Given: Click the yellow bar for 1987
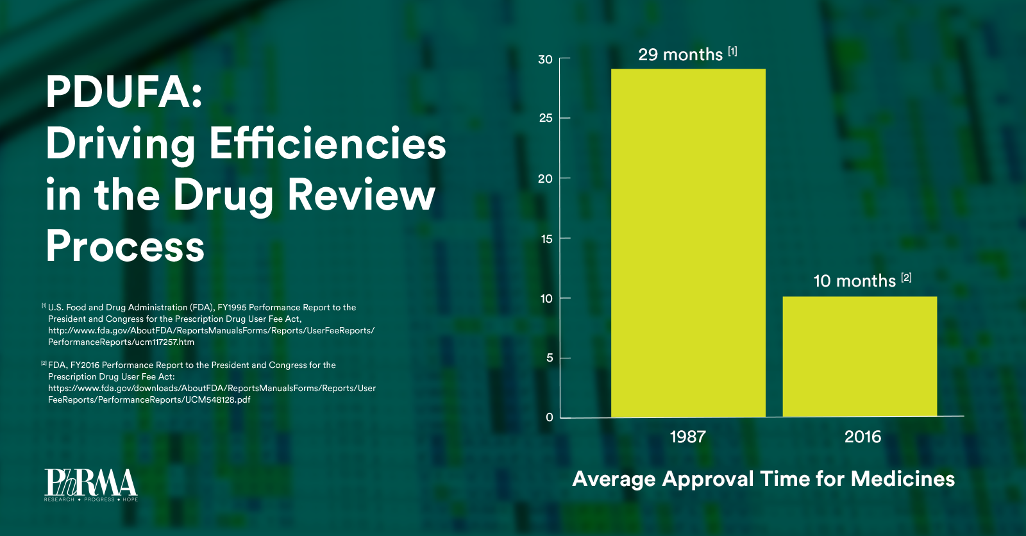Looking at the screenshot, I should click(688, 243).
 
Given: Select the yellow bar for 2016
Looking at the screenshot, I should click(859, 356).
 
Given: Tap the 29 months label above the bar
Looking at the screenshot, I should click(680, 54).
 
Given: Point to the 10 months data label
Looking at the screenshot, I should click(854, 281).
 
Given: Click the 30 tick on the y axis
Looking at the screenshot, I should click(545, 60).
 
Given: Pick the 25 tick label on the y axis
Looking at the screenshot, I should click(546, 118).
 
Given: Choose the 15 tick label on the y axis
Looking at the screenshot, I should click(546, 239).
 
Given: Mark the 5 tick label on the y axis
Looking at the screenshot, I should click(550, 358).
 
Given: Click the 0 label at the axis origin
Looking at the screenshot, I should click(550, 417).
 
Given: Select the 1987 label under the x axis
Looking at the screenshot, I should click(687, 437).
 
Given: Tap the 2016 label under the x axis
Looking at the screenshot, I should click(862, 437).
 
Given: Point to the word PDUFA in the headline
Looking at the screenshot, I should click(124, 92).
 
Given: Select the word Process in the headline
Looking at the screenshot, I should click(125, 246).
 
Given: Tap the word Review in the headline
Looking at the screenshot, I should click(362, 195).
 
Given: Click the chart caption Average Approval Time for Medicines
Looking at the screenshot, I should click(763, 479).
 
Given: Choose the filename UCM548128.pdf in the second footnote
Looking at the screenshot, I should click(217, 400).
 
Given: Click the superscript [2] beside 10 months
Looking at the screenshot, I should click(906, 278).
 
